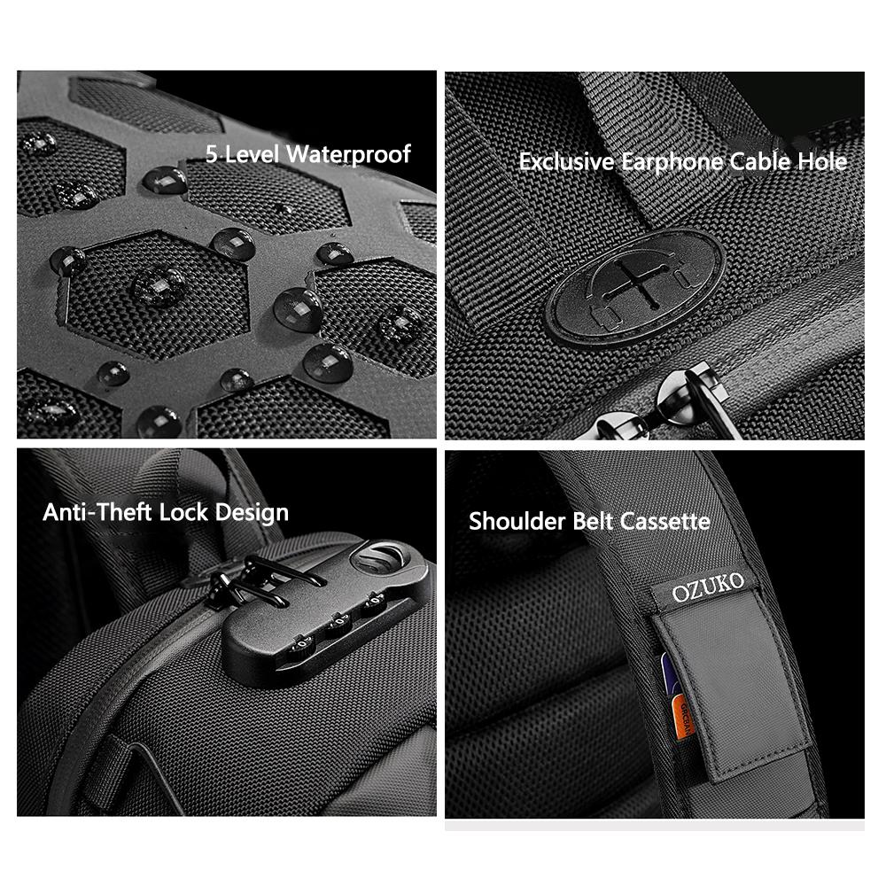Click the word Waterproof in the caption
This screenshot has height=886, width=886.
(x=348, y=154)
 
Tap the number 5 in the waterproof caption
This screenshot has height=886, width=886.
(x=212, y=153)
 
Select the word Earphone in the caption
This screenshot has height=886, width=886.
(x=672, y=162)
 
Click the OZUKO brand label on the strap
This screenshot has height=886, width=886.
(x=707, y=587)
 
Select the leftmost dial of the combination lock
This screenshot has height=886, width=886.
(x=301, y=646)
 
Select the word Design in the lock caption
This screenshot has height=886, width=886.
(x=252, y=513)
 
